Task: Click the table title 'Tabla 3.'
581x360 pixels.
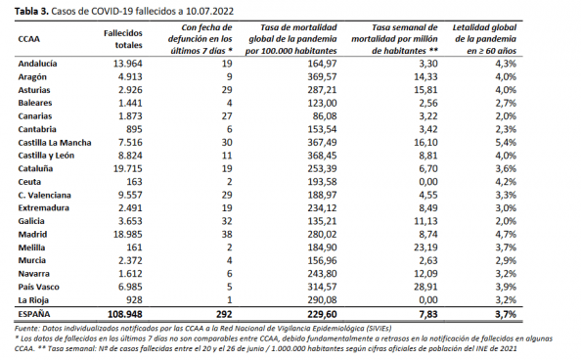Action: click(31, 11)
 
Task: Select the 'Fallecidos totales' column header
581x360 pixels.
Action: click(122, 39)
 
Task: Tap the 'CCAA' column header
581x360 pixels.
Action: click(29, 39)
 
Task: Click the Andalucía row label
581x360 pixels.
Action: click(37, 64)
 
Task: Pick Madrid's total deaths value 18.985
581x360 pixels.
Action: click(127, 235)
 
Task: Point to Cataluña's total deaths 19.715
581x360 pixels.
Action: click(127, 168)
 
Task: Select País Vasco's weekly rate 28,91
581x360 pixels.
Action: click(425, 287)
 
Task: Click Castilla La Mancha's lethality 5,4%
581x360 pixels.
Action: click(506, 143)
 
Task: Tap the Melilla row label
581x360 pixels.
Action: click(31, 247)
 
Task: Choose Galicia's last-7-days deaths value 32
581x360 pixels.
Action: click(226, 221)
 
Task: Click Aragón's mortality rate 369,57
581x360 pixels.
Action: click(322, 76)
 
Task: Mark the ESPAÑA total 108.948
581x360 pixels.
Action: click(125, 314)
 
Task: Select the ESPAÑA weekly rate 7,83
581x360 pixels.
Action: click(427, 314)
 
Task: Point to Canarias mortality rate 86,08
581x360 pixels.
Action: click(325, 116)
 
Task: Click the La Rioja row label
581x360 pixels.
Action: click(33, 300)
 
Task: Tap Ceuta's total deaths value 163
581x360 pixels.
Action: click(134, 182)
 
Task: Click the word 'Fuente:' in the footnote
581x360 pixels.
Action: click(27, 329)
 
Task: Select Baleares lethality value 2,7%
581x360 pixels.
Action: click(506, 103)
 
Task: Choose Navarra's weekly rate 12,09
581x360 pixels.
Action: click(425, 274)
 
